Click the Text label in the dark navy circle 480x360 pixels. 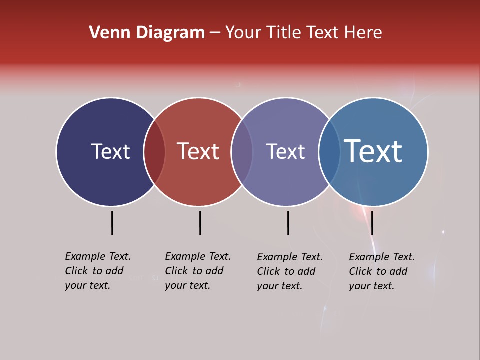pos(110,151)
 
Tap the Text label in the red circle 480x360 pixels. pos(198,151)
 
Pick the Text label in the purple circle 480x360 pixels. pos(285,151)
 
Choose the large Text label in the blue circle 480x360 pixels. pos(373,151)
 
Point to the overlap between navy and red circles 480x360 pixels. pos(155,152)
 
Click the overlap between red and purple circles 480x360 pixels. pos(242,152)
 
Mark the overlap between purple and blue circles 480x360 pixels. pos(329,152)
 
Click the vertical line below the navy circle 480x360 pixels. pos(112,223)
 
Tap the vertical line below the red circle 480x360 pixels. pos(200,223)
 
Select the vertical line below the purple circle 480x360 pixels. pos(288,223)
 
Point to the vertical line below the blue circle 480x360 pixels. pos(372,223)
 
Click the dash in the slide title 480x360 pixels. pos(215,33)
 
